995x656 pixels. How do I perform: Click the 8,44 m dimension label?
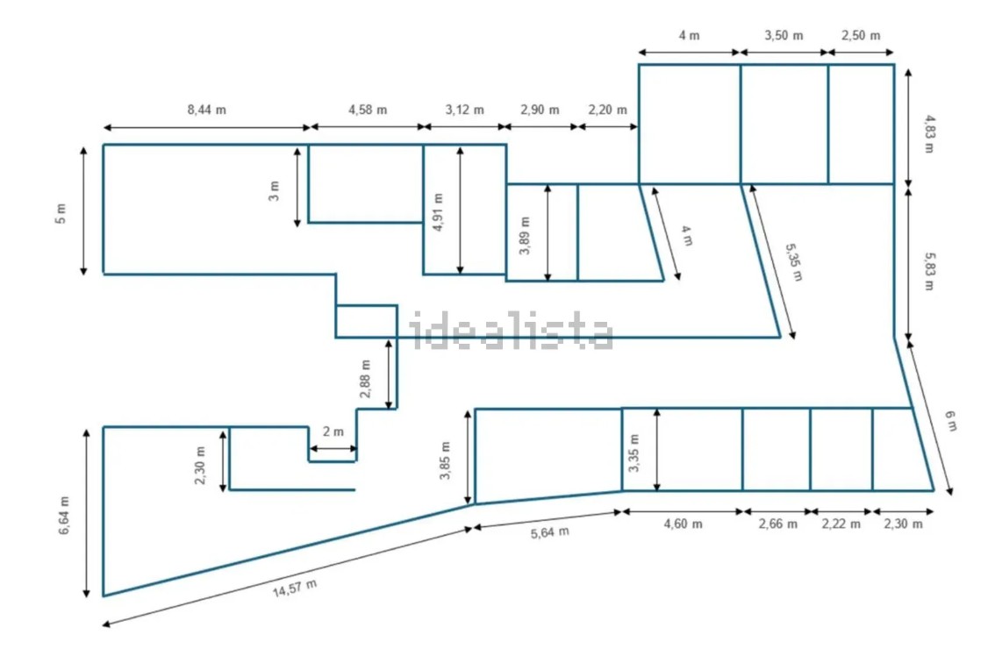(207, 110)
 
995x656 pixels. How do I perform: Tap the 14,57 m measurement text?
(295, 588)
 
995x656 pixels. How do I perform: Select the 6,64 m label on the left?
(65, 515)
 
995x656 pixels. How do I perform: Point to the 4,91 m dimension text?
(438, 212)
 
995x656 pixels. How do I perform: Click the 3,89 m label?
(525, 235)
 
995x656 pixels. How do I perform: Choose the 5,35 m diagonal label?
(794, 262)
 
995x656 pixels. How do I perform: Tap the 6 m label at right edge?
(950, 421)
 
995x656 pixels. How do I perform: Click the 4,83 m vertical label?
(929, 134)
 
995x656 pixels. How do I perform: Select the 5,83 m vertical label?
(929, 272)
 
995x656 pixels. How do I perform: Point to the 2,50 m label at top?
(861, 36)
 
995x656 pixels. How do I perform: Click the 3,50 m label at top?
(784, 36)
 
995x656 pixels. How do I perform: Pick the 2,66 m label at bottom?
(778, 524)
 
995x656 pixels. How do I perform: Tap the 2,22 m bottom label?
(841, 524)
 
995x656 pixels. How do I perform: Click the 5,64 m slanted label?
(549, 532)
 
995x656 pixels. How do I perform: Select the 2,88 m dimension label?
(365, 379)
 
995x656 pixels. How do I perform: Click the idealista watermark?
(511, 331)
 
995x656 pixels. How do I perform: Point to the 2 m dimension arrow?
(333, 448)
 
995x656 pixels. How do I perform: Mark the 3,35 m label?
(634, 453)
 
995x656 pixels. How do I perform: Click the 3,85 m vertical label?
(445, 460)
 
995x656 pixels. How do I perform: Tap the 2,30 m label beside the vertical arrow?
(200, 465)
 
